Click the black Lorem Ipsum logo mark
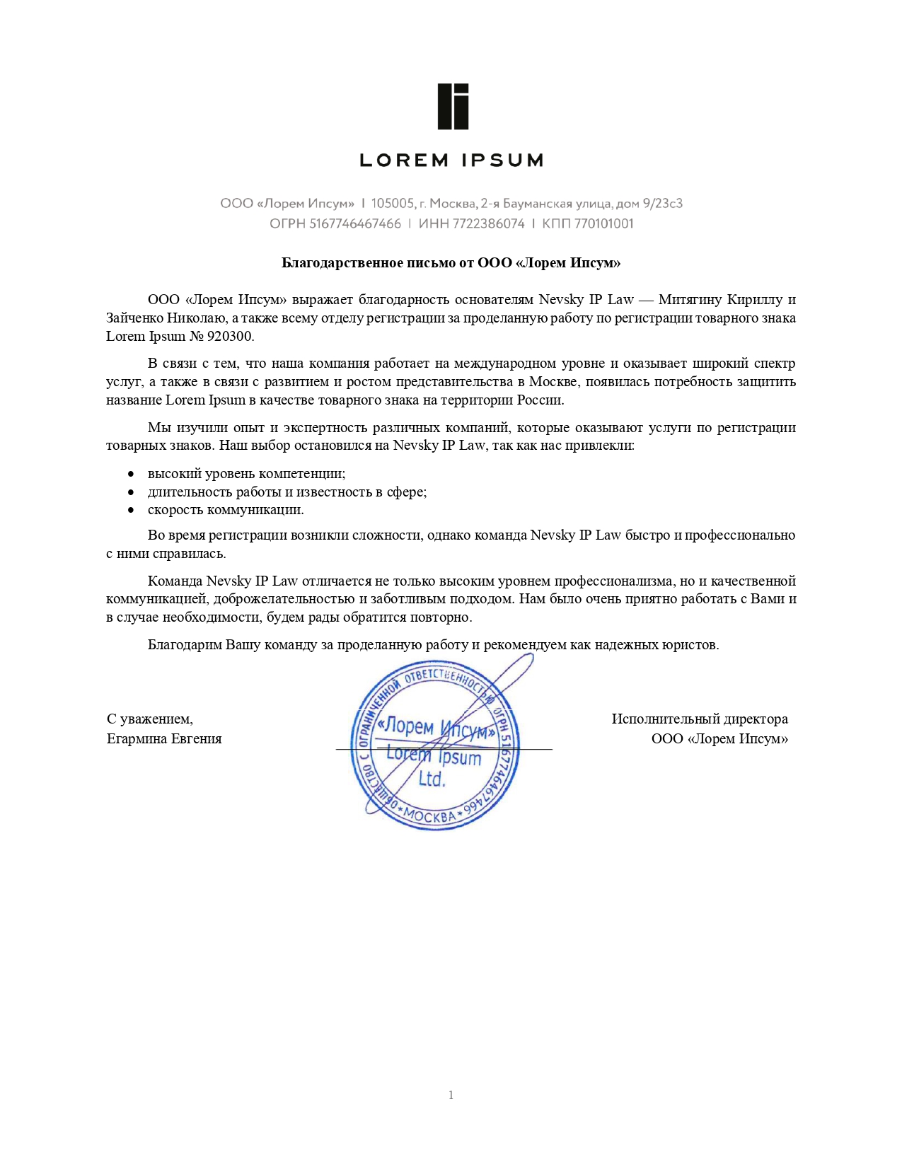point(453,107)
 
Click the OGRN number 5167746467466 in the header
point(355,224)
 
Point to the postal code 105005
point(393,204)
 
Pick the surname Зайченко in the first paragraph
point(134,318)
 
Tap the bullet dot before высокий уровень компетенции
point(131,475)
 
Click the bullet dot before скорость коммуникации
point(131,511)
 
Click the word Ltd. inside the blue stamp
point(432,779)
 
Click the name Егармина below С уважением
point(137,739)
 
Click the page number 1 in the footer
point(451,1096)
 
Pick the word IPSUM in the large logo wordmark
point(502,161)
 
